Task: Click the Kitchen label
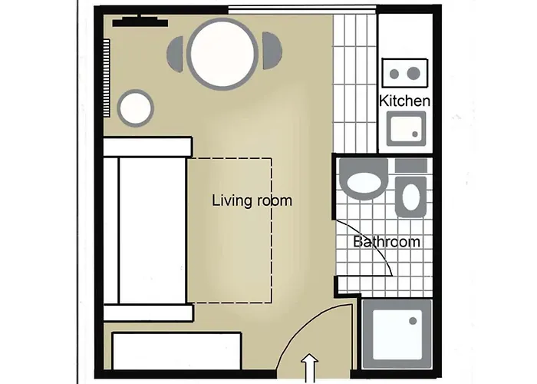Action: (x=405, y=101)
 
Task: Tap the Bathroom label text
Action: (x=387, y=242)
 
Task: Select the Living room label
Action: (x=252, y=201)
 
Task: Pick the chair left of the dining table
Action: (x=176, y=52)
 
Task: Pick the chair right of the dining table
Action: (x=272, y=51)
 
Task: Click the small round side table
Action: (x=137, y=108)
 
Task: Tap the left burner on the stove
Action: (x=397, y=74)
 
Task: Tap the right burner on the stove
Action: (x=414, y=74)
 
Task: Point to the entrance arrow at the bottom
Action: (x=311, y=367)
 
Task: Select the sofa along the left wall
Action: (x=146, y=229)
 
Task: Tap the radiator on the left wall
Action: (x=107, y=77)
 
